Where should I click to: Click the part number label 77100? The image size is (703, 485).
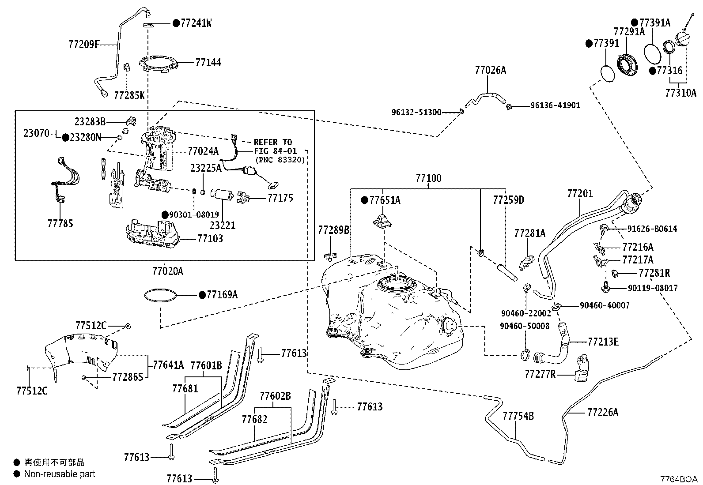point(428,178)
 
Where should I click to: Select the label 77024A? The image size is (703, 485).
point(203,151)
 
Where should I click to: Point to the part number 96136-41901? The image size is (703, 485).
point(555,105)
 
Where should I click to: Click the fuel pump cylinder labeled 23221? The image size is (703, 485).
point(222,195)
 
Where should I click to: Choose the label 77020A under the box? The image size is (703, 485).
point(168,271)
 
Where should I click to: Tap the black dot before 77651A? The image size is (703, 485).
point(364,200)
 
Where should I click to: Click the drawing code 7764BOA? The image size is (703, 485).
point(679,479)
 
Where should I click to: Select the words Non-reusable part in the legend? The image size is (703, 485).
point(60,474)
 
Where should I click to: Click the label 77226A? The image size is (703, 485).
point(603,412)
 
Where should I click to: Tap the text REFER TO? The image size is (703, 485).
point(273,142)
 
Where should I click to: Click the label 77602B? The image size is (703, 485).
point(275,396)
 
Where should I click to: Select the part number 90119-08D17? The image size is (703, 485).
point(653,288)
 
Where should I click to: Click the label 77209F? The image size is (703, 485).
point(84,45)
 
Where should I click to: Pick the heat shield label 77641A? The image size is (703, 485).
point(168,365)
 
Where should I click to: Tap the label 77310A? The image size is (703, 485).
point(681,93)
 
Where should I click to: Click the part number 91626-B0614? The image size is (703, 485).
point(652,229)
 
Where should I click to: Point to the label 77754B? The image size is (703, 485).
point(518,416)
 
